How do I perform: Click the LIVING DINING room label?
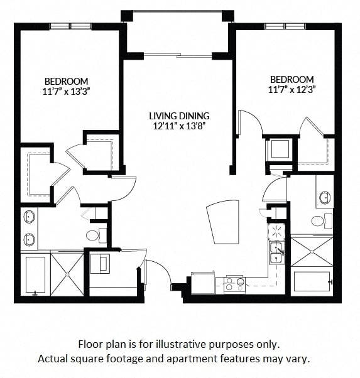pos(179,116)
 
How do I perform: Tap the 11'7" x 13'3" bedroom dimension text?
pos(67,92)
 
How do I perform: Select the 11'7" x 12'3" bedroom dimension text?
pos(292,90)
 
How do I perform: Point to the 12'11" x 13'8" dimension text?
pos(179,126)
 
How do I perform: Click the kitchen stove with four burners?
pos(234,286)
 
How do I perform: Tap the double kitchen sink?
pos(276,253)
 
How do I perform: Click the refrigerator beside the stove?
pos(203,283)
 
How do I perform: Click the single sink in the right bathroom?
pos(325,198)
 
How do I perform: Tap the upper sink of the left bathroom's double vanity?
pos(29,217)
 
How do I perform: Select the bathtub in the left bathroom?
pos(35,274)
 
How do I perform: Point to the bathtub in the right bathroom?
pos(312,282)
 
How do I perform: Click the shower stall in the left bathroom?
pos(67,274)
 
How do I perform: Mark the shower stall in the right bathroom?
pos(312,252)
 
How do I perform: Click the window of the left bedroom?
pos(71,26)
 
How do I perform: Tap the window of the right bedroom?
pos(285,26)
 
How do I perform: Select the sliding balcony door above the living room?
pos(178,55)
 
